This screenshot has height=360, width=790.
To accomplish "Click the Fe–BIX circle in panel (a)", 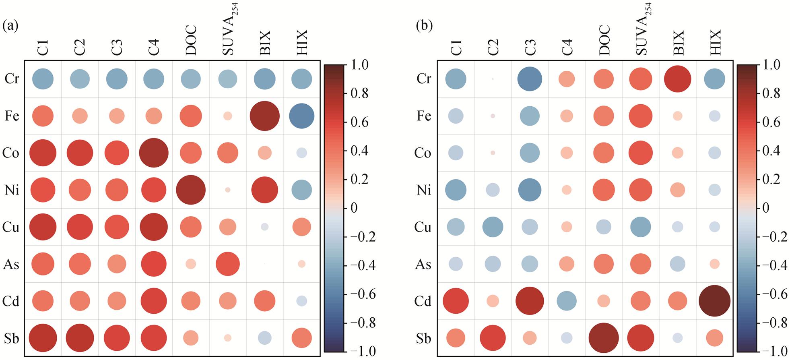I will click(264, 116).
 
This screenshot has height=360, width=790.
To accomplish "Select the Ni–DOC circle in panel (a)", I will click(191, 190).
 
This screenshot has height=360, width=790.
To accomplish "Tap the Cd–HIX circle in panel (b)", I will click(715, 301).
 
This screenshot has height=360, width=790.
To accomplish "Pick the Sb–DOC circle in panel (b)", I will click(604, 338).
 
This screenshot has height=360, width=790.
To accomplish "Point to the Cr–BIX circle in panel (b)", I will click(678, 79).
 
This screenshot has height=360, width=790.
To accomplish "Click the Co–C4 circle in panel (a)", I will click(153, 153).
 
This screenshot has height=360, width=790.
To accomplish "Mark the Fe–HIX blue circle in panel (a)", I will click(301, 116).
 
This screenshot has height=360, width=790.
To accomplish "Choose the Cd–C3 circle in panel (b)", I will click(530, 301).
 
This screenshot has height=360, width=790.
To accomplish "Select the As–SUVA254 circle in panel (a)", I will click(228, 264).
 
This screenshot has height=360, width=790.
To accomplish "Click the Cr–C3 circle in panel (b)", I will click(530, 79).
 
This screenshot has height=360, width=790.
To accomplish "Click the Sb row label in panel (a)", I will click(11, 339).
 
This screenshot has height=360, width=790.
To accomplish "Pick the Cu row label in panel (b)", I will click(423, 227).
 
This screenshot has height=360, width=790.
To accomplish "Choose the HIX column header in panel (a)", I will click(301, 42).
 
